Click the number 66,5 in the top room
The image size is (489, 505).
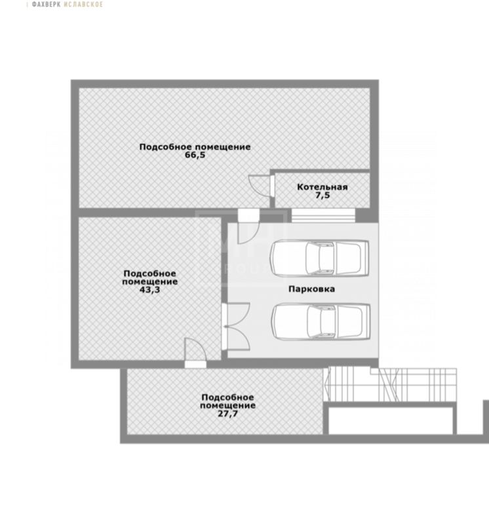click(x=195, y=155)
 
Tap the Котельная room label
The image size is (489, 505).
click(x=323, y=187)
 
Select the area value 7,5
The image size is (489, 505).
click(x=323, y=195)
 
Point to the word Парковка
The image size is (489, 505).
click(x=311, y=289)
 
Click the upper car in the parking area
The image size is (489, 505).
click(x=319, y=258)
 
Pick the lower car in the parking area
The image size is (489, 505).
click(x=321, y=321)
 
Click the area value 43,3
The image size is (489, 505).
click(x=149, y=289)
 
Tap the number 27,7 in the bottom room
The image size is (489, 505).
click(x=227, y=414)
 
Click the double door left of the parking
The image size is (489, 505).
click(x=236, y=326)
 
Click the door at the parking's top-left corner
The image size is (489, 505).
click(x=248, y=226)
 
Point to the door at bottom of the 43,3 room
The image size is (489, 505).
click(x=195, y=353)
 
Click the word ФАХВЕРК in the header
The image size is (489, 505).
click(x=46, y=5)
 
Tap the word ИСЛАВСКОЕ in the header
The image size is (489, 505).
click(x=83, y=5)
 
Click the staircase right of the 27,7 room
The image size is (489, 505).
click(x=391, y=385)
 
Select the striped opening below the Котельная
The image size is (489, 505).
click(x=323, y=215)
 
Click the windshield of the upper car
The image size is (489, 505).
click(x=312, y=258)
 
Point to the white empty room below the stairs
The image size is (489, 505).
click(x=391, y=420)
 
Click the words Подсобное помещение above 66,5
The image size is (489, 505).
click(x=195, y=147)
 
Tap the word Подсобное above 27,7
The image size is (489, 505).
click(x=227, y=397)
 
